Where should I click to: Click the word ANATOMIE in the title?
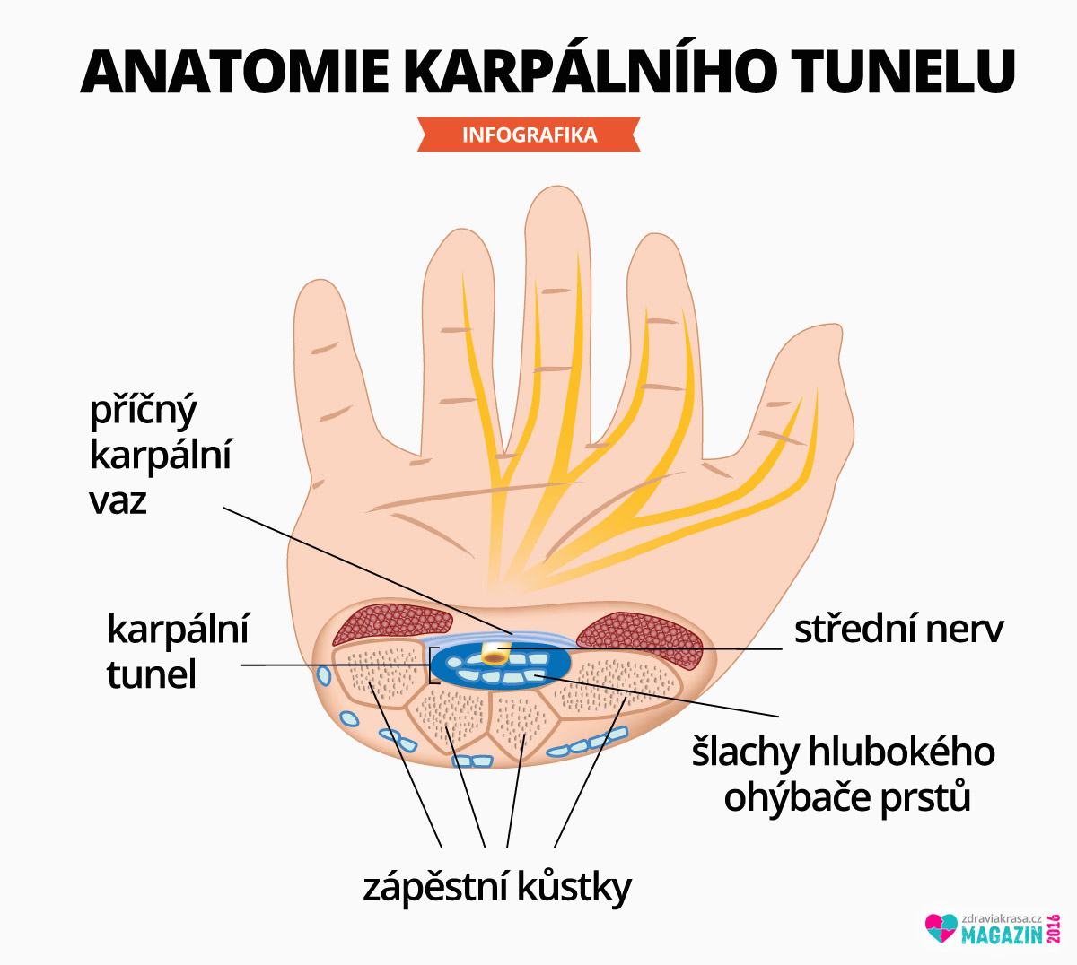point(234,72)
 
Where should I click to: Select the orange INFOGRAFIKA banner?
point(529,135)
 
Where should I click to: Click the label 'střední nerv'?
point(898,630)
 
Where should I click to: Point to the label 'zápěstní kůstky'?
point(497,887)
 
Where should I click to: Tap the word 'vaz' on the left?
point(118,501)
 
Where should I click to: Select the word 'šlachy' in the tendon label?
point(746,752)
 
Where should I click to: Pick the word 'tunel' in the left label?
point(152,674)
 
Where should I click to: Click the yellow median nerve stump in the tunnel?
point(495,653)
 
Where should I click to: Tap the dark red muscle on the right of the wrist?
point(641,639)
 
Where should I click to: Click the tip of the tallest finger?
point(557,187)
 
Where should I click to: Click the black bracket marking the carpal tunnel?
point(433,665)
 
